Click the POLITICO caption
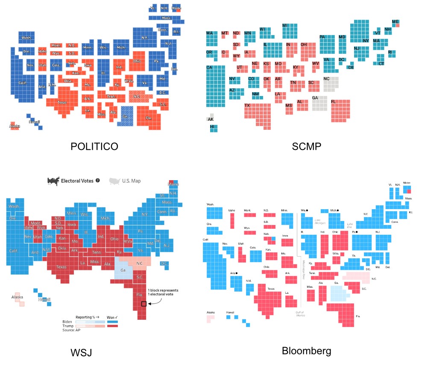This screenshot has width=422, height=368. tap(94, 147)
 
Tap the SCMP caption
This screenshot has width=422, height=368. tap(307, 147)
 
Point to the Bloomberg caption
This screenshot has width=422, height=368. tap(306, 351)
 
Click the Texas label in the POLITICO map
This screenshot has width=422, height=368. tap(62, 102)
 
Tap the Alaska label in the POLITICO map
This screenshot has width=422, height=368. tap(15, 126)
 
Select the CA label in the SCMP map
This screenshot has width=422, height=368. tap(209, 68)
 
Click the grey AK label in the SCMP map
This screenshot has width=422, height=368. tap(211, 120)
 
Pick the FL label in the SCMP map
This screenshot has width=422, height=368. tap(334, 102)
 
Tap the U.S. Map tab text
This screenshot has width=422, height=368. tap(131, 181)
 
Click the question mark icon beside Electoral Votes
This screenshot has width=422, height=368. tap(98, 181)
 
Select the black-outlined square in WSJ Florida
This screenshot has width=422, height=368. tap(144, 304)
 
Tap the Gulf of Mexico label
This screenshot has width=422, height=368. tap(300, 314)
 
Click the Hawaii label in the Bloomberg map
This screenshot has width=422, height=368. tap(230, 312)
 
